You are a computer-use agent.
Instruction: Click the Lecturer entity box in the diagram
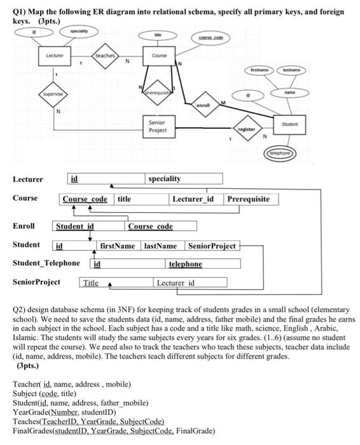point(53,55)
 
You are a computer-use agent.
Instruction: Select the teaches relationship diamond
point(104,56)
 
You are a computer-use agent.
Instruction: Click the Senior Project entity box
point(157,127)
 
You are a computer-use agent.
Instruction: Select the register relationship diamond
point(247,127)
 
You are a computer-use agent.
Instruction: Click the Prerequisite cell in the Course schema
point(248,199)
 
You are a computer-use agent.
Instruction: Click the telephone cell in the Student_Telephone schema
point(184,263)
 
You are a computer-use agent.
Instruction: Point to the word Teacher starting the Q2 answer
point(27,385)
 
